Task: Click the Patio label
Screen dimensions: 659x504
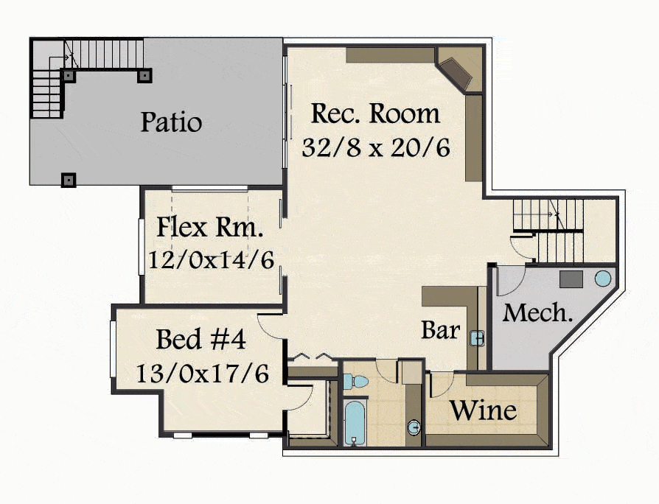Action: click(171, 122)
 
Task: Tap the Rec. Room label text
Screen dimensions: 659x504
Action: click(375, 113)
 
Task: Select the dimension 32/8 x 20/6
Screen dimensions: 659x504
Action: click(376, 147)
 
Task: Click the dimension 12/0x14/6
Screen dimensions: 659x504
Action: click(212, 259)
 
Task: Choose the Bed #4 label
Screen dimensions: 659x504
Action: click(201, 340)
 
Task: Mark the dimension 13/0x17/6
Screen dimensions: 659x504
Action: click(202, 373)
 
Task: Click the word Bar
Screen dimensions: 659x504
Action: click(441, 330)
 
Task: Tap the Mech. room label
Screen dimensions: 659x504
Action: click(537, 313)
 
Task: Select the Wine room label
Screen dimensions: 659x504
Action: click(484, 410)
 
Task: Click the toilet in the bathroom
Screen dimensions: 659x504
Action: click(355, 382)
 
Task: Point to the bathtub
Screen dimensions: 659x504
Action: click(355, 422)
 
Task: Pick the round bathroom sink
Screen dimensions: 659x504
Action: click(414, 428)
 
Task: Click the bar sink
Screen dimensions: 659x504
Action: click(477, 337)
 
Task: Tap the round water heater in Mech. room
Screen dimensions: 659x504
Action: click(603, 279)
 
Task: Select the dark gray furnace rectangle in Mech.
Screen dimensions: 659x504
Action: click(571, 279)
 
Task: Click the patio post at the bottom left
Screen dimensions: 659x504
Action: click(69, 181)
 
